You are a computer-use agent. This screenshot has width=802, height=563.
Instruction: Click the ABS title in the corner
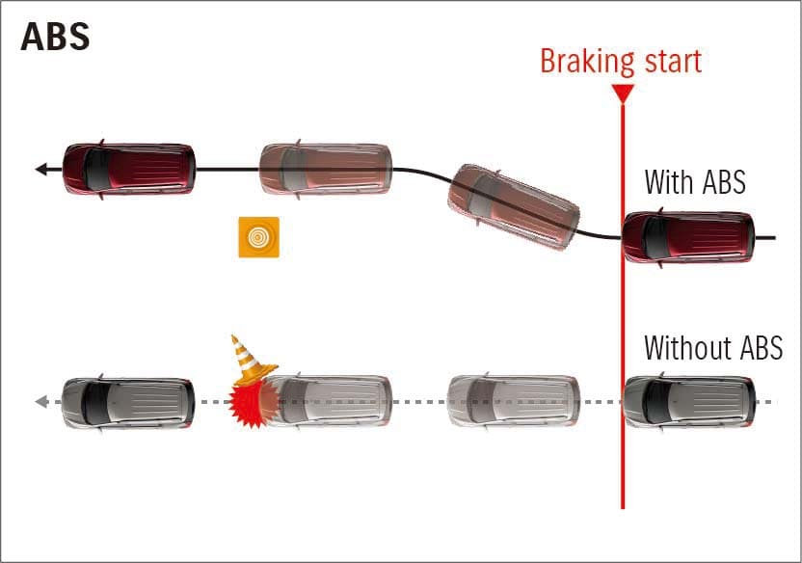55,37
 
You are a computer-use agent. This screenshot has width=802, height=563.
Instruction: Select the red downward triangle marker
623,94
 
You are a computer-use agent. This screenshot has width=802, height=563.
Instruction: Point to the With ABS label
695,181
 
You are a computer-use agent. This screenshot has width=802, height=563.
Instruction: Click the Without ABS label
713,348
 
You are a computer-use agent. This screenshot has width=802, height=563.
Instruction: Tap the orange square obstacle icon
258,237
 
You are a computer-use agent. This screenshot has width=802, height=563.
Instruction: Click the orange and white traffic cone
251,360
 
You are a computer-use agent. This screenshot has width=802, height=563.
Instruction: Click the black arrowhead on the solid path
42,169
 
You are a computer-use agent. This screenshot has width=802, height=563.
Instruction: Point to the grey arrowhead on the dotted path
41,401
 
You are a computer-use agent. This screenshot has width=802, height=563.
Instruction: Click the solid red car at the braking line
688,238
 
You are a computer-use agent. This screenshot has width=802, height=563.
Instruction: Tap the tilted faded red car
514,206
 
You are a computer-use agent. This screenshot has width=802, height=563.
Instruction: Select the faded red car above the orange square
326,170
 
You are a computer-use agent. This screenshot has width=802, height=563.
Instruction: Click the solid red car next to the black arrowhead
128,170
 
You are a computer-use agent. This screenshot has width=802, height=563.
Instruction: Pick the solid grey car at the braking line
689,401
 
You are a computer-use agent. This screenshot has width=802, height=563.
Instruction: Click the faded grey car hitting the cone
328,401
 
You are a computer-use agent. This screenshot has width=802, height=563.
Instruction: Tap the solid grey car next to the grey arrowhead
128,402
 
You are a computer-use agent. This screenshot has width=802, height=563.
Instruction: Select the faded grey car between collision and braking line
514,401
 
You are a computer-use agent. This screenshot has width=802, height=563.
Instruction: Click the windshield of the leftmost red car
96,170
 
